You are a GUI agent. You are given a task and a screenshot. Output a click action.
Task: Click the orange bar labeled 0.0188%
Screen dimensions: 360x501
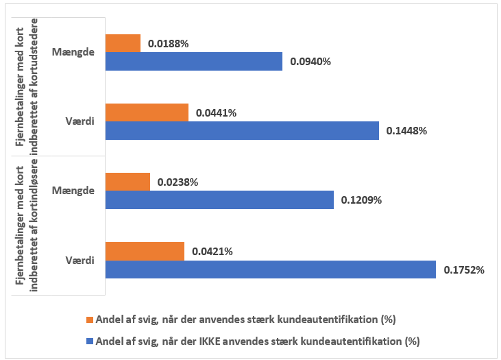[x=123, y=43]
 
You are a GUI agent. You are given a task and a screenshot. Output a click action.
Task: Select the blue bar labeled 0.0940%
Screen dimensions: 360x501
[x=193, y=61]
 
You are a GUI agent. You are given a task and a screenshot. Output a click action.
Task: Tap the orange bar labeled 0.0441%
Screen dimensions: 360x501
[x=147, y=112]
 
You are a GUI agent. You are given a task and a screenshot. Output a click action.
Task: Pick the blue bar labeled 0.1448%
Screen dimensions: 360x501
[x=242, y=130]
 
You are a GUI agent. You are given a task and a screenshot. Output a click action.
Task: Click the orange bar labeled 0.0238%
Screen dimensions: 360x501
[x=127, y=182]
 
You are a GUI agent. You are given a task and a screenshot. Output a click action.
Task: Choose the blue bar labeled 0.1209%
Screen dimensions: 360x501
[x=219, y=200]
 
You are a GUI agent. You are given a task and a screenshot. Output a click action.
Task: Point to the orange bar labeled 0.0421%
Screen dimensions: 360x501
[x=145, y=251]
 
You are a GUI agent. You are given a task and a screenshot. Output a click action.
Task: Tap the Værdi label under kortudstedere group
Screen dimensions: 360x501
[x=80, y=121]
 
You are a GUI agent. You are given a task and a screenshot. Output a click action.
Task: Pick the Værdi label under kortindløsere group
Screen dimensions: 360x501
[x=80, y=260]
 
